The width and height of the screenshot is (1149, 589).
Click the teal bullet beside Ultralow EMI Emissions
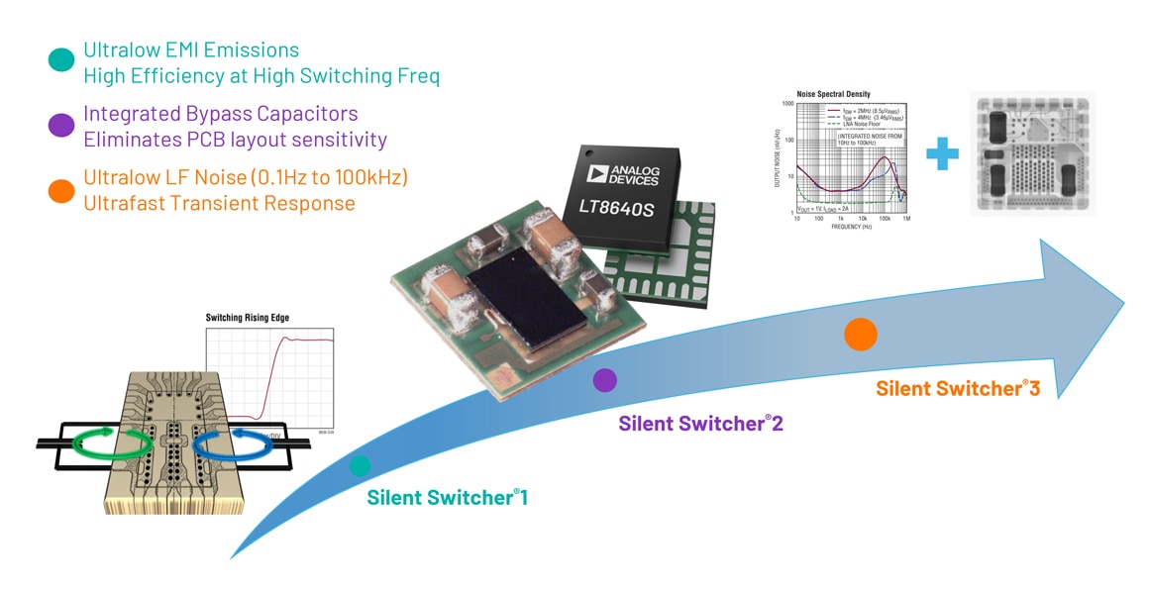pos(61,59)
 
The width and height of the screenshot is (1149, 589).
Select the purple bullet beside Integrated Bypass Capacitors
pos(61,125)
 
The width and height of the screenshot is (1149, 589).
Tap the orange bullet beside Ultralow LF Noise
pos(61,190)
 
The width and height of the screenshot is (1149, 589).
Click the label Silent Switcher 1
pos(447,497)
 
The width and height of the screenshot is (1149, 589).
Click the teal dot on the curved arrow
pos(360,465)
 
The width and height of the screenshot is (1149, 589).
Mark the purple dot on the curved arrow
pos(604,379)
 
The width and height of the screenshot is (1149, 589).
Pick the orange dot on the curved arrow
pos(860,335)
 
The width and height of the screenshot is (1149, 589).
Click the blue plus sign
pos(942,153)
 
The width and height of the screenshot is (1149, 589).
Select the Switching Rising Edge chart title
pos(254,318)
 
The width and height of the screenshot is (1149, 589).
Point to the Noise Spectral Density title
pos(833,94)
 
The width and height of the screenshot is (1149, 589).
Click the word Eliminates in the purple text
pos(126,140)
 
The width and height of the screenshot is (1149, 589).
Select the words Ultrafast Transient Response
pos(219,204)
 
